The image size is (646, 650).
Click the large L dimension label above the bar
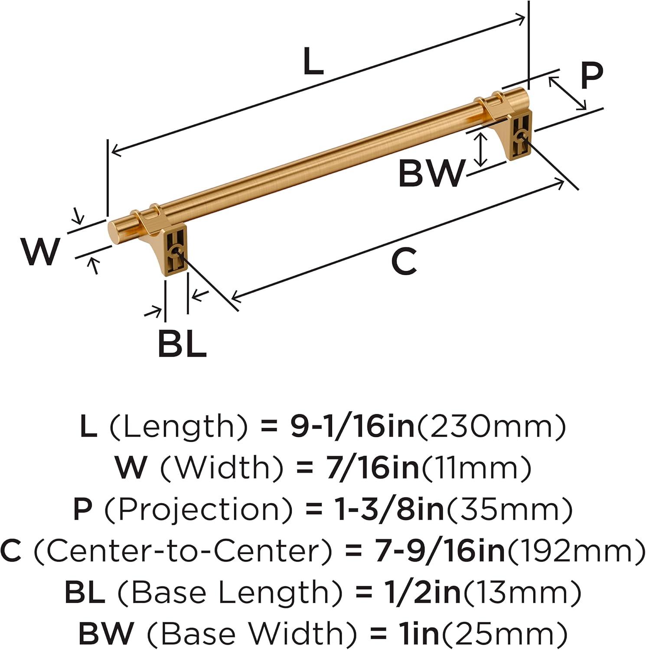tap(313, 62)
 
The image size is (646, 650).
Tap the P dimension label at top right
tap(591, 76)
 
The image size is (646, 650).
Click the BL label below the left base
tap(182, 344)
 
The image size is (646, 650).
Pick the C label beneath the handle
tap(404, 262)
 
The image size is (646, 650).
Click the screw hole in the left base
tap(176, 252)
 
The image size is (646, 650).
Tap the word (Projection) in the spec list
tap(198, 509)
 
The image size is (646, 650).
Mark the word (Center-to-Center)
tap(183, 551)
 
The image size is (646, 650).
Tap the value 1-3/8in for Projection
tap(389, 509)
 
